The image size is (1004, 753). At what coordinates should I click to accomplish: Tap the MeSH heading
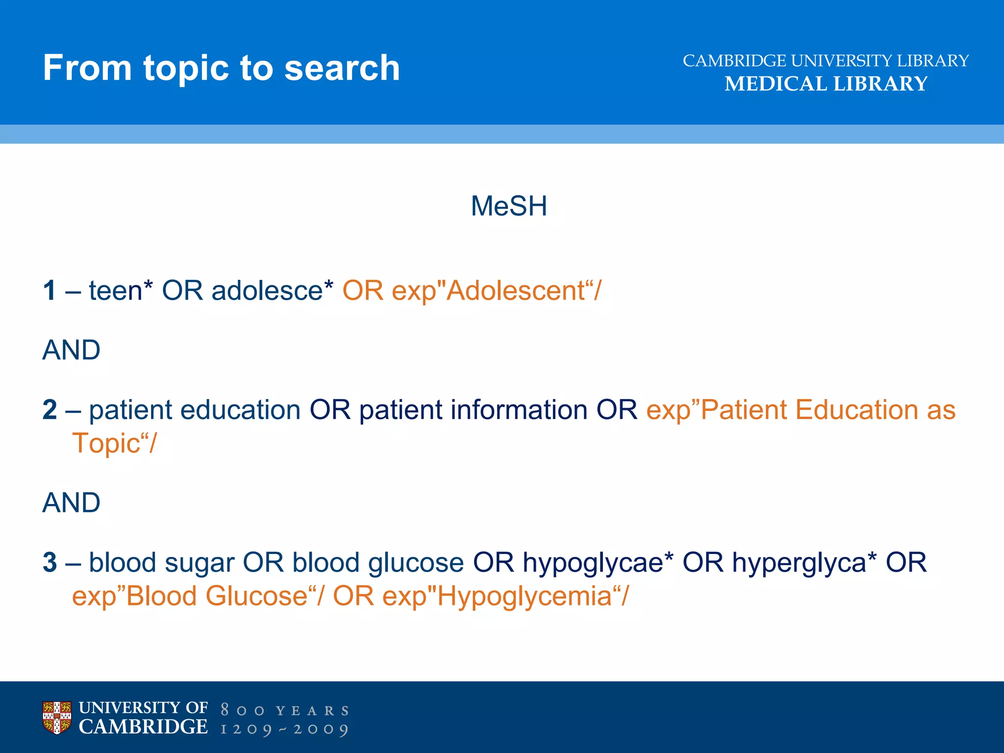pos(508,206)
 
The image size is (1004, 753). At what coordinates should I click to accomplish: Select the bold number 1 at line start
pos(50,290)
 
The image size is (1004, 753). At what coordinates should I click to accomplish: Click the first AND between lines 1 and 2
pos(71,350)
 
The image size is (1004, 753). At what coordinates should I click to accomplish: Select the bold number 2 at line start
pos(50,409)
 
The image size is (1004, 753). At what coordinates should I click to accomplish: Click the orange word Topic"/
pos(114,444)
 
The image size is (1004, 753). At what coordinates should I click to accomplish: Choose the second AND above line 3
pos(71,502)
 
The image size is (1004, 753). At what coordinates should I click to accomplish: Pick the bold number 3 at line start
pos(50,562)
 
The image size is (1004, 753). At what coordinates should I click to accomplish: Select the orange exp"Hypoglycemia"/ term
pos(505,597)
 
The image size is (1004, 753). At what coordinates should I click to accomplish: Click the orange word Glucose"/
pos(264,597)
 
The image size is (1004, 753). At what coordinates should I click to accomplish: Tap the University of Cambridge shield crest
pos(57,718)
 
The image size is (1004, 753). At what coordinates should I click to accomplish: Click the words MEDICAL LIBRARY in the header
pos(826,84)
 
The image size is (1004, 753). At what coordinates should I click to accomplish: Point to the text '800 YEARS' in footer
pos(284,710)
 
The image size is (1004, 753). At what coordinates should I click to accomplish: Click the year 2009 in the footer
pos(321,729)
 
